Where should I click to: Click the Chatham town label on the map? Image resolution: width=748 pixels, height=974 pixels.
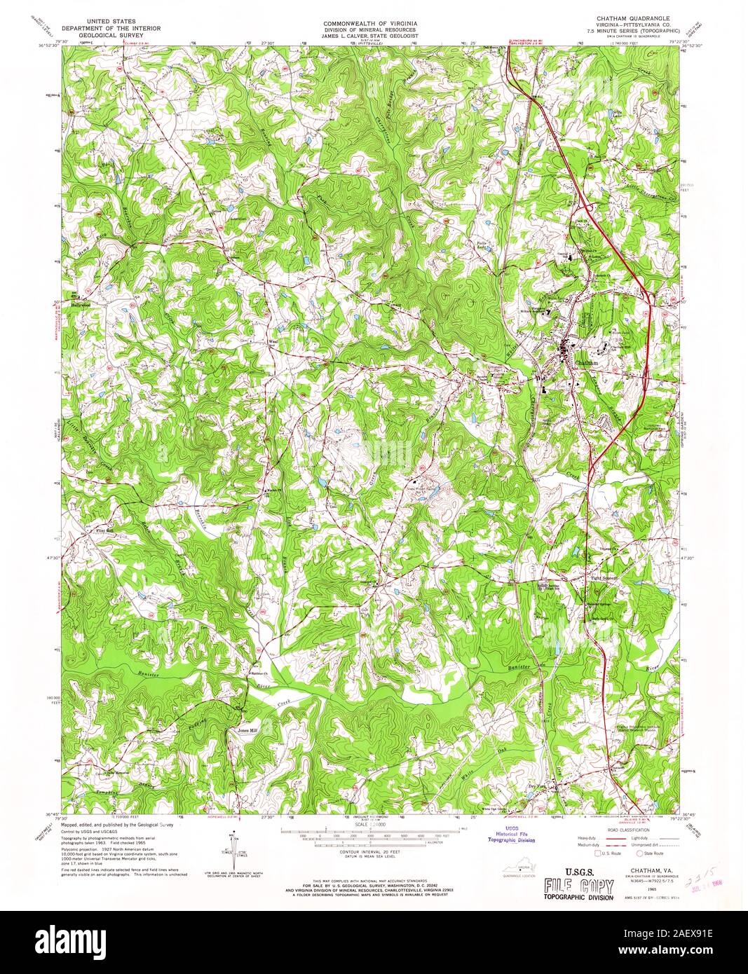tap(587, 364)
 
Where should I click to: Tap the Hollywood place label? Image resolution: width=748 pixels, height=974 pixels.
tap(81, 305)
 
